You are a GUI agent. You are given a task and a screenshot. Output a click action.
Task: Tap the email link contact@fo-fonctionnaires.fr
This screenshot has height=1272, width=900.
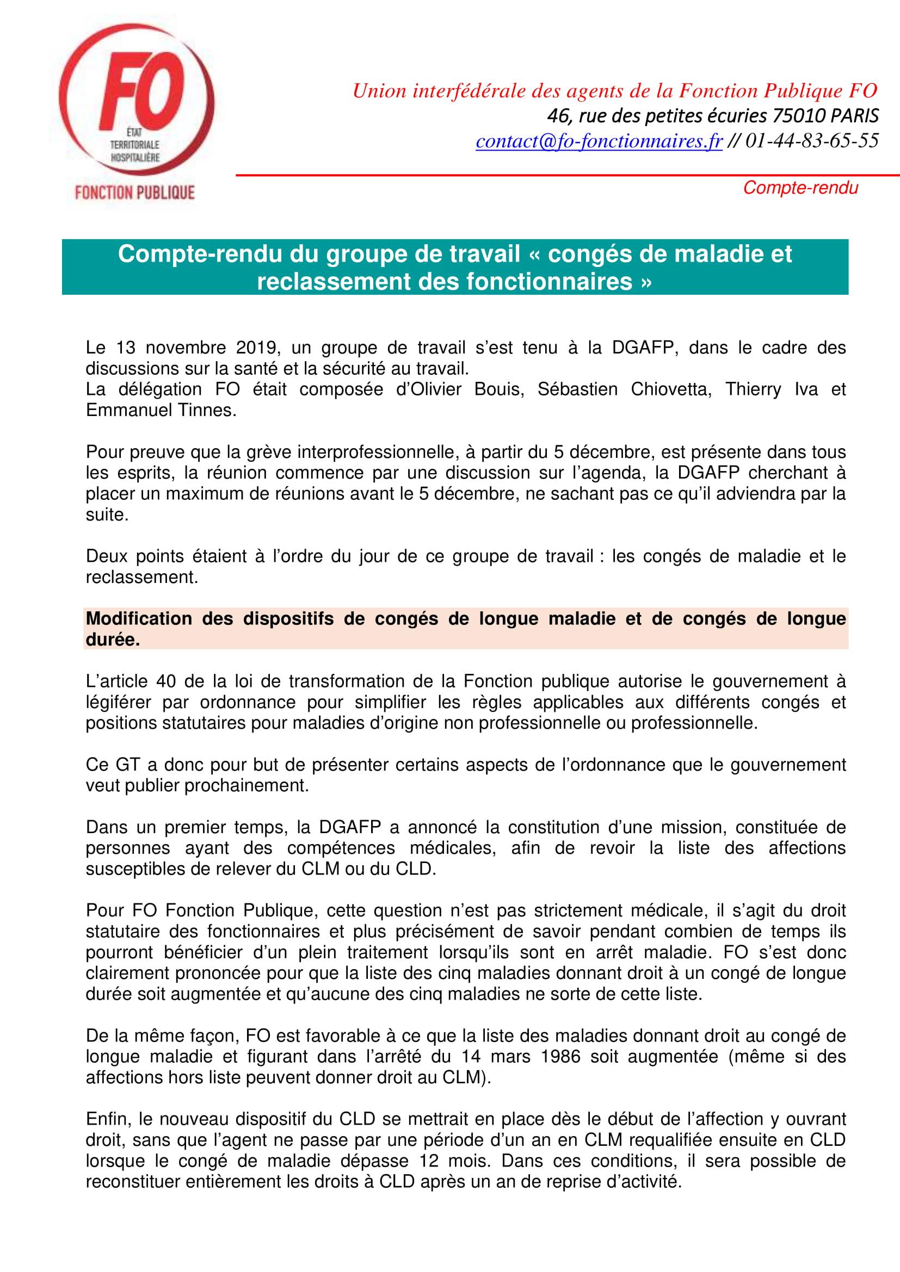(599, 141)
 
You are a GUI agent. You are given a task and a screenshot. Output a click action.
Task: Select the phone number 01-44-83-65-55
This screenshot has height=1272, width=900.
(812, 141)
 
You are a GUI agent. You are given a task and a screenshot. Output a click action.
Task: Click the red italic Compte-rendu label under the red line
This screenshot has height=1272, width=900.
(800, 188)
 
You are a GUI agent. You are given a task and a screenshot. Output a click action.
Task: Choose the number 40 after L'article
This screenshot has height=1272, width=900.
(165, 681)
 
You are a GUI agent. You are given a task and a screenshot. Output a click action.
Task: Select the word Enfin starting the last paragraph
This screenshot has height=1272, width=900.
(108, 1119)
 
